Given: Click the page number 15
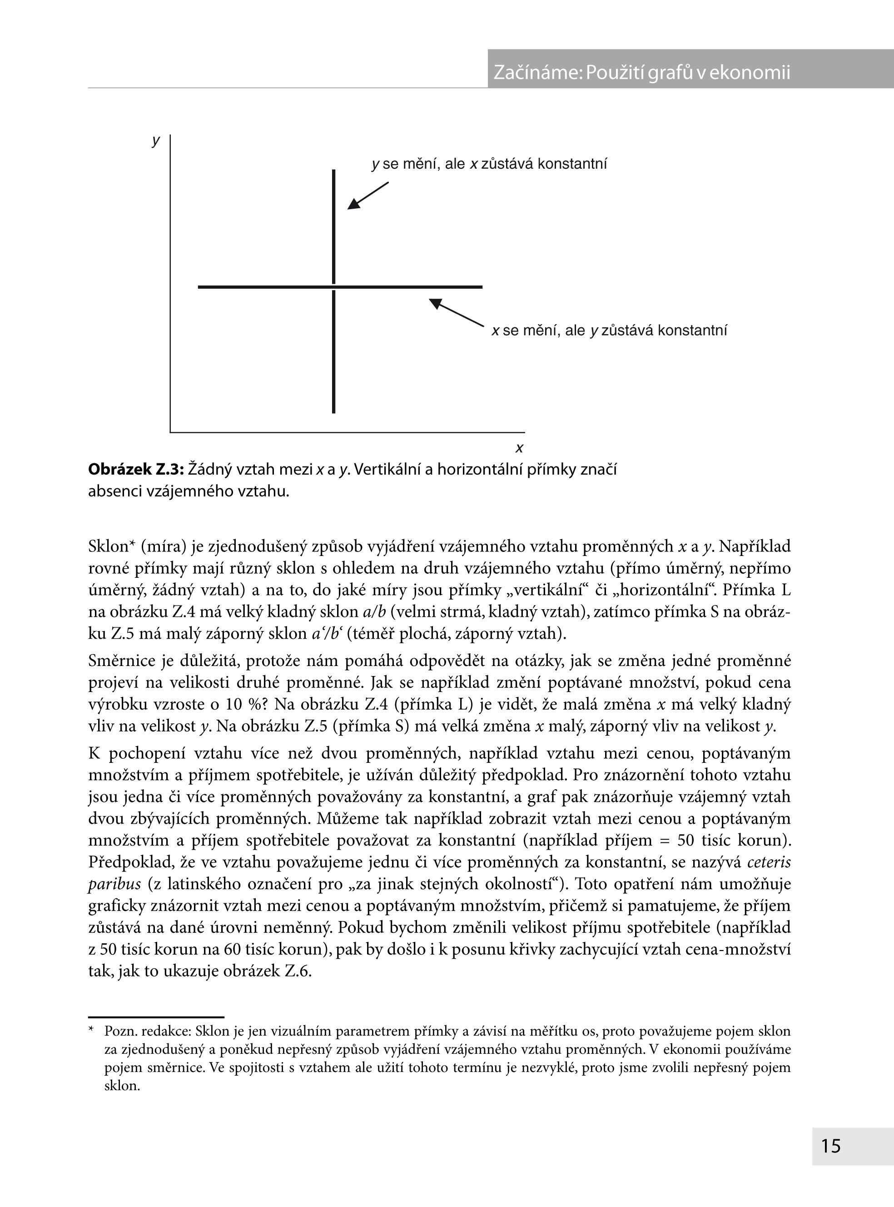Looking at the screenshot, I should click(831, 1145).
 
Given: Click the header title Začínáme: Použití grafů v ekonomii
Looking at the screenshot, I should click(641, 72).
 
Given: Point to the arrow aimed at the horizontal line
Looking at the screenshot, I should click(456, 312).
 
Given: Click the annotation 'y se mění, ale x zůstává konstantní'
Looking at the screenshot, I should click(489, 164).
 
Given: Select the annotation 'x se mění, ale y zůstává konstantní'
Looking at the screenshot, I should click(609, 331).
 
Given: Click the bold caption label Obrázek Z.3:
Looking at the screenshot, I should click(136, 469).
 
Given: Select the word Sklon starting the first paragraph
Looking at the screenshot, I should click(108, 546).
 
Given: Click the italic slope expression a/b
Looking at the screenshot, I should click(374, 612).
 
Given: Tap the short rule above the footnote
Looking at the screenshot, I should click(156, 1017).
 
